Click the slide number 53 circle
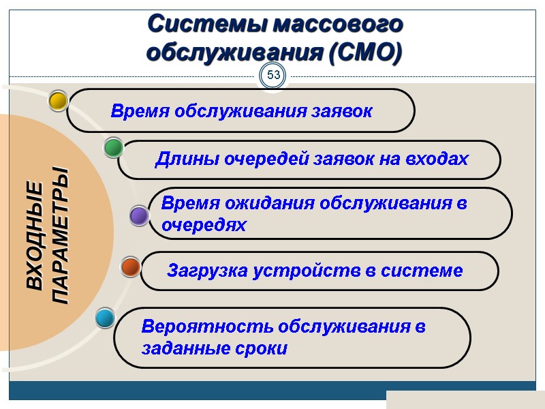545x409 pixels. pos(274,75)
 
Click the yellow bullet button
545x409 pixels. pos(59,101)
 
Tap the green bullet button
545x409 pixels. pos(113,147)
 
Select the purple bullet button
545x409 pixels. pos(139,216)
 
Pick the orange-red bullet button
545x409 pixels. pos(130,267)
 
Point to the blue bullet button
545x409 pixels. pos(105,318)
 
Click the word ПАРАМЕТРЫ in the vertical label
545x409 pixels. pos(60,235)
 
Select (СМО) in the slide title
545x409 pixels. pos(365,52)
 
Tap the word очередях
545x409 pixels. pos(204,225)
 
